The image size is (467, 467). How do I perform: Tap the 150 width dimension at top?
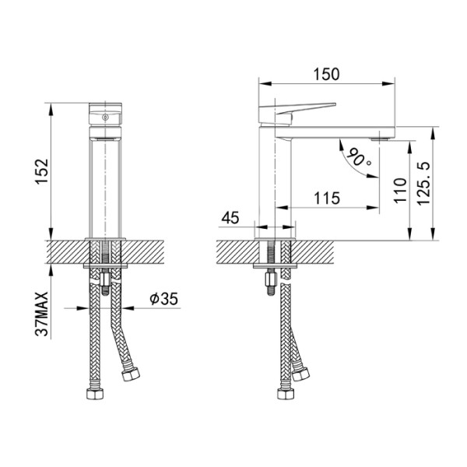328,74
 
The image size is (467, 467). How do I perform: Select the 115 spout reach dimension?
328,198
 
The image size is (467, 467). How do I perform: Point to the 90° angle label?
358,157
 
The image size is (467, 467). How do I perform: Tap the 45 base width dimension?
230,219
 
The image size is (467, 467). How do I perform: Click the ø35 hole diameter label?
164,299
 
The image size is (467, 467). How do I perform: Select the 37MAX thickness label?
43,314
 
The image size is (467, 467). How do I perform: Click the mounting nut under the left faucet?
104,278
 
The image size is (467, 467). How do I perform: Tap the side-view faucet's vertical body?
274,179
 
